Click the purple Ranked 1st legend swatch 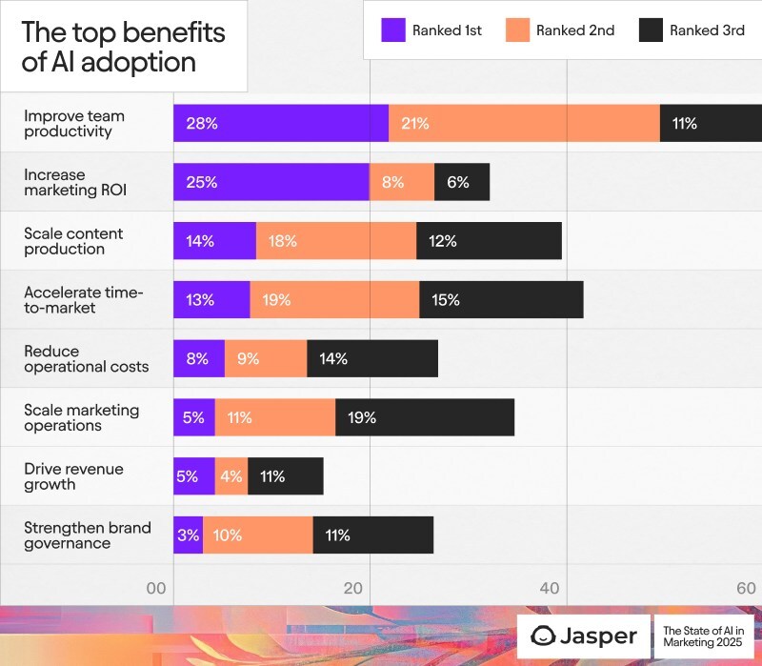(393, 30)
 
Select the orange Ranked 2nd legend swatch (517, 30)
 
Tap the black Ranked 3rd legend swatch (650, 30)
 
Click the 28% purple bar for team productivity (281, 123)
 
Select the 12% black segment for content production (489, 241)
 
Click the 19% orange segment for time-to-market (334, 300)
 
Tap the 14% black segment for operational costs (372, 359)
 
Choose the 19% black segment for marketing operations (425, 417)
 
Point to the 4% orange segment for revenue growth (231, 476)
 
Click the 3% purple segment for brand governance (189, 535)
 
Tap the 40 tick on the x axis (550, 589)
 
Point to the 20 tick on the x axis (353, 589)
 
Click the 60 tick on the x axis (747, 589)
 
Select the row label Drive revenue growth (74, 476)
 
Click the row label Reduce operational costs (87, 359)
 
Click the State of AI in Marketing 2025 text (702, 636)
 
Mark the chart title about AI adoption (123, 47)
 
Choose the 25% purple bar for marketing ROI (271, 182)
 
